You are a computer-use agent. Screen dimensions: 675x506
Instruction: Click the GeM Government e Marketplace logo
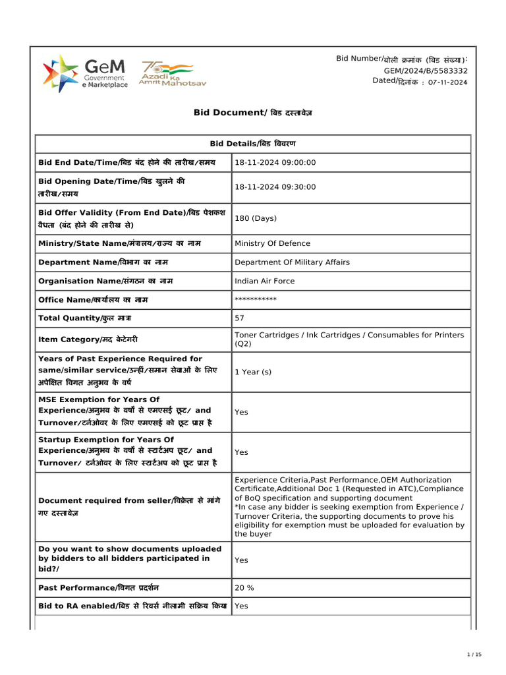tap(86, 74)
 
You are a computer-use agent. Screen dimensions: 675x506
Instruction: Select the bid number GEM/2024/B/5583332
tap(426, 71)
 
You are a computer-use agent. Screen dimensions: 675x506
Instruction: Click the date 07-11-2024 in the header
tap(447, 82)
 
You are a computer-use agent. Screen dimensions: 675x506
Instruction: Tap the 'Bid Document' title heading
tap(252, 113)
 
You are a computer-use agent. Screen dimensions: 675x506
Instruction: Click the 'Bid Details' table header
tap(252, 144)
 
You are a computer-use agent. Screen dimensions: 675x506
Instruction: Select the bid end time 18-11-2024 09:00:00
tap(275, 163)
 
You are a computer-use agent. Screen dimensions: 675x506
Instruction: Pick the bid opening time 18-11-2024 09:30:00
tap(275, 187)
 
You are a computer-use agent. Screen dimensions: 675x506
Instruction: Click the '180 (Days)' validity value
tap(256, 218)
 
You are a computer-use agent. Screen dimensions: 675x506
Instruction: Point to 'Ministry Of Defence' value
tap(272, 243)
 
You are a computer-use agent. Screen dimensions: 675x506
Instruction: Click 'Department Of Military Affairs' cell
tap(292, 262)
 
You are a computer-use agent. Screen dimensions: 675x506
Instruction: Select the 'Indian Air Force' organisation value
tap(265, 281)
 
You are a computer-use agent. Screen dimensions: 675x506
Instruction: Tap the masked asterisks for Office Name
tap(256, 300)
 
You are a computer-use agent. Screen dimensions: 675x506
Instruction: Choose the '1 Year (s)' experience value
tap(253, 372)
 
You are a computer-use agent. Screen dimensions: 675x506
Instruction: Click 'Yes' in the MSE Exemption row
tap(242, 412)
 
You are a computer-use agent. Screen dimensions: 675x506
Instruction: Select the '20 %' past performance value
tap(244, 587)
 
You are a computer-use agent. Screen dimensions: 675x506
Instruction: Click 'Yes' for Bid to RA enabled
tap(242, 606)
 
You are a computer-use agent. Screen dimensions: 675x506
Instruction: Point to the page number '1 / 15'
tap(474, 654)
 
